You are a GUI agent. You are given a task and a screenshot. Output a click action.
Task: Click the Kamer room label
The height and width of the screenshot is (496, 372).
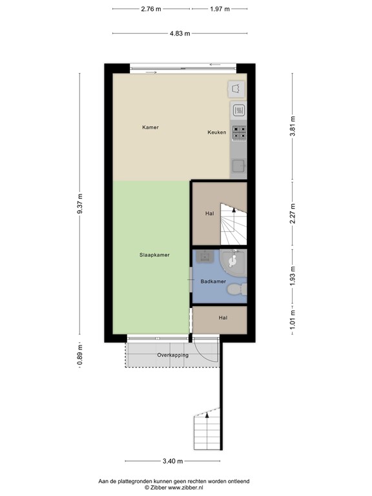tap(150, 127)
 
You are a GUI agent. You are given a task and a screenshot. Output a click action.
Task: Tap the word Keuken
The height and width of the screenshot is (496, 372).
tap(216, 132)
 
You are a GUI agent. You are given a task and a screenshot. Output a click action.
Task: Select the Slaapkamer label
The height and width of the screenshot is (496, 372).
tap(154, 255)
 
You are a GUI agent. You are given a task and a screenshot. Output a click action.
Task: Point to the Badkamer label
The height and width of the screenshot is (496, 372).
tap(212, 282)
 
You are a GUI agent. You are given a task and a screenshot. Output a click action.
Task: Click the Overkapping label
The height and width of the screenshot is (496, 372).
tap(172, 356)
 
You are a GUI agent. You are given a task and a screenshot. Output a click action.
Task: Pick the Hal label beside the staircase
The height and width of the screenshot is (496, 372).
tap(209, 214)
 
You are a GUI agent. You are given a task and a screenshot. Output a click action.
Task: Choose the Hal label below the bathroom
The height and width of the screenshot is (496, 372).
tap(223, 318)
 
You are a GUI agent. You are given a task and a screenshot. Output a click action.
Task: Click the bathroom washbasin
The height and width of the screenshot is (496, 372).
tap(205, 256)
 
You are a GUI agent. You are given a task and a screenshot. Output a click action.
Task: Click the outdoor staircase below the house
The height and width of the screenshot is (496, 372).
tap(207, 431)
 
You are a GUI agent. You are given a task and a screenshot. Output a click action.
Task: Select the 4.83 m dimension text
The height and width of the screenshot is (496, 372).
tap(180, 33)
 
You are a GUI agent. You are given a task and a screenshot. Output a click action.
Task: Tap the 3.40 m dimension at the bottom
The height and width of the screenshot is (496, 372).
tap(172, 461)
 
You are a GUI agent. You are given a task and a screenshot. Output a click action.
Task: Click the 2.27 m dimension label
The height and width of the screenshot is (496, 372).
tap(293, 214)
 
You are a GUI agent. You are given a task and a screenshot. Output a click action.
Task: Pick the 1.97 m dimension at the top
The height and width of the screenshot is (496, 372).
tap(220, 8)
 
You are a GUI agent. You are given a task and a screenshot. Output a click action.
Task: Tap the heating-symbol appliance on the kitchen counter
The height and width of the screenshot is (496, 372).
tap(238, 110)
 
